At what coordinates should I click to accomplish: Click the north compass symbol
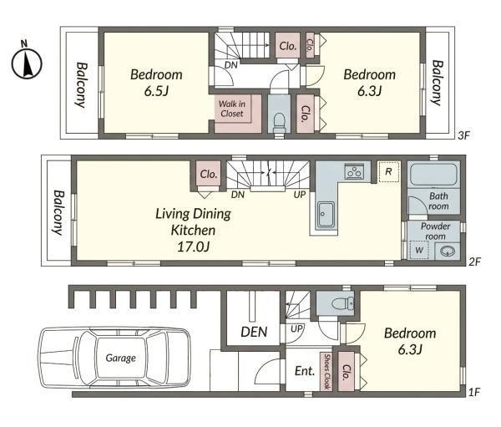(x=27, y=60)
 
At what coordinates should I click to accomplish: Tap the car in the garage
(x=114, y=358)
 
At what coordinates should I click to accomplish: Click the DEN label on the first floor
(x=254, y=332)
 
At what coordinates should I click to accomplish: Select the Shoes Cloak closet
(x=326, y=371)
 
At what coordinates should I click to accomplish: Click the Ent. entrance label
(x=305, y=371)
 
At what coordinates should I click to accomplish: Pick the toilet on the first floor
(x=342, y=302)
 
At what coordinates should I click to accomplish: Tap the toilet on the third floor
(x=280, y=123)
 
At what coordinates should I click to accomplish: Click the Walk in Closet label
(x=232, y=109)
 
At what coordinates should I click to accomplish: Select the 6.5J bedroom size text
(x=156, y=92)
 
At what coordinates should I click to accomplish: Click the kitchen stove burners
(x=354, y=170)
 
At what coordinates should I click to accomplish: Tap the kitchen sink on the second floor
(x=325, y=215)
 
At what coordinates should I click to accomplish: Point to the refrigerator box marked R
(x=388, y=172)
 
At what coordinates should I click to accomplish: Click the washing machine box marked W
(x=419, y=250)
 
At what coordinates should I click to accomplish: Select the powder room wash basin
(x=448, y=251)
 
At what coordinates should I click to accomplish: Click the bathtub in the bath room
(x=433, y=175)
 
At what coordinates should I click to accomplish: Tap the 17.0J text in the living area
(x=193, y=247)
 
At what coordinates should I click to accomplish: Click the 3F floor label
(x=463, y=135)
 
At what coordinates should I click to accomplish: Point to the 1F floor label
(x=474, y=392)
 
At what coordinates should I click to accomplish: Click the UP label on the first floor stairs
(x=296, y=328)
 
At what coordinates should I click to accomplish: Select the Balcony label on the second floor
(x=58, y=213)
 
